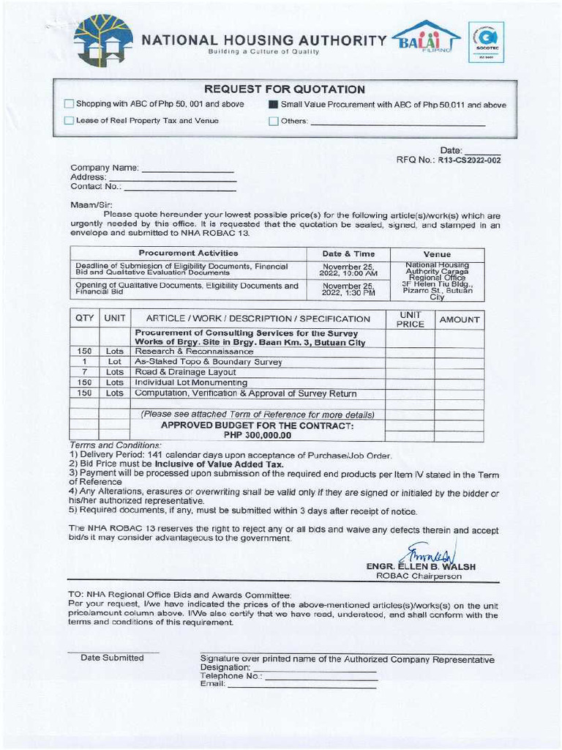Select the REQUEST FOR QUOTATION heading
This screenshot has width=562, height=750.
coord(284,89)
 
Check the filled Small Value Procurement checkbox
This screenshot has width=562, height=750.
coord(274,105)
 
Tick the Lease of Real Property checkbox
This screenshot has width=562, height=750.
coord(70,121)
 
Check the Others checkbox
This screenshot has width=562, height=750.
coord(274,121)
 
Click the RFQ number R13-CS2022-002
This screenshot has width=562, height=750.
coord(469,160)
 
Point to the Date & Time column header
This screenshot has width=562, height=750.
coord(348,253)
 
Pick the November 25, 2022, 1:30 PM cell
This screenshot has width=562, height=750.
coord(348,289)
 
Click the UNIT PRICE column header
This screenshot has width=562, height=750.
coord(410,319)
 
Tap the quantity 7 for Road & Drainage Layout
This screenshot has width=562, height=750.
coord(85,372)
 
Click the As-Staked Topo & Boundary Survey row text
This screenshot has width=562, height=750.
coord(209,362)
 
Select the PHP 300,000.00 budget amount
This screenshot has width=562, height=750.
coord(258,435)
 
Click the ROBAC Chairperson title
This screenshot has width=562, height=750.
coord(419,576)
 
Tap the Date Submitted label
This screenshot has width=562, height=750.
coord(112,658)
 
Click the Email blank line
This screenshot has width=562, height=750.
coord(301,685)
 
